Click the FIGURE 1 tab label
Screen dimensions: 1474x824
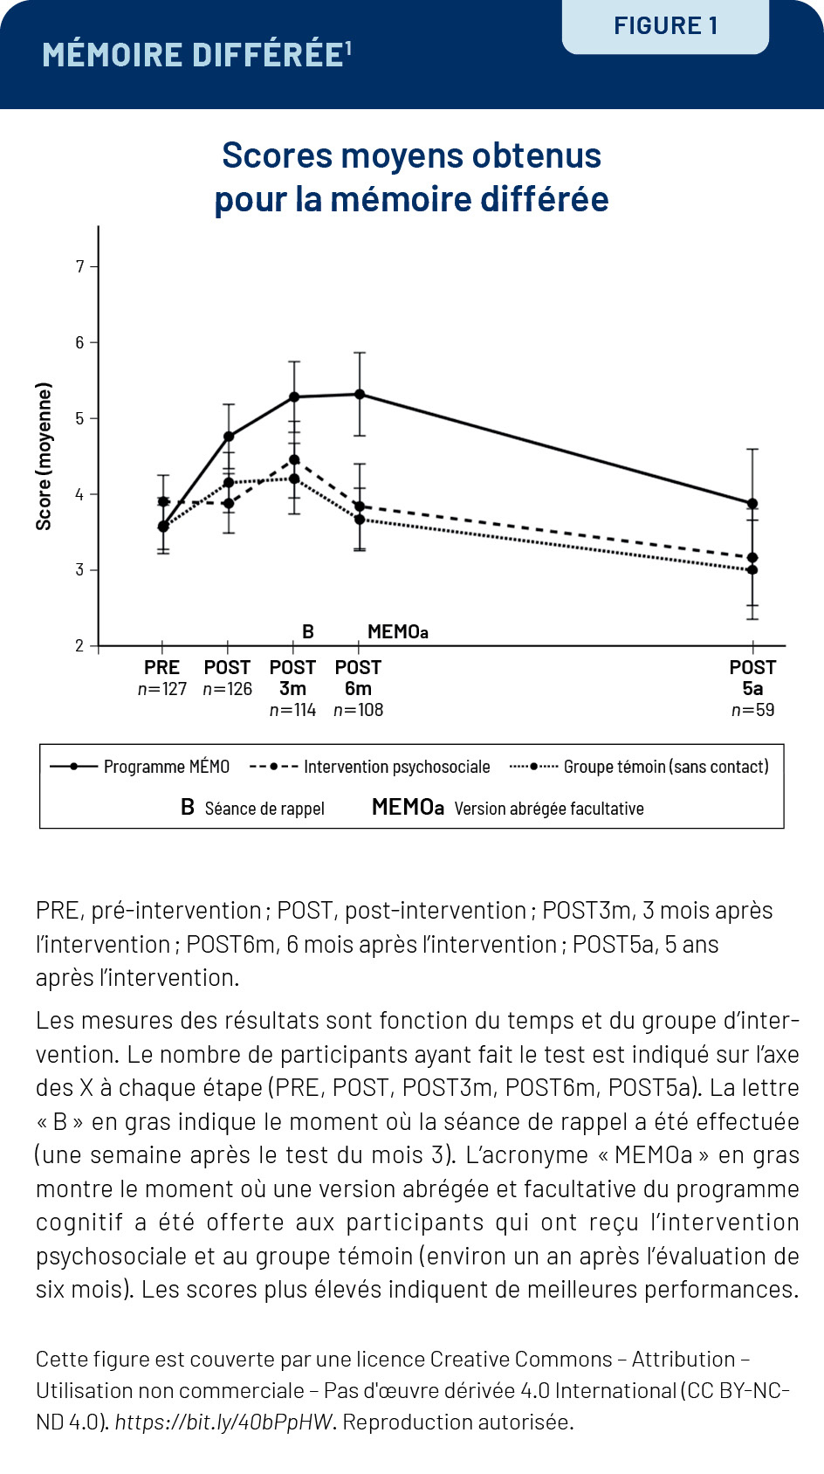(665, 26)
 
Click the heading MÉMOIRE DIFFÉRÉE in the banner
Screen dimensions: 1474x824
(193, 55)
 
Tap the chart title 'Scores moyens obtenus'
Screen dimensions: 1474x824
(411, 156)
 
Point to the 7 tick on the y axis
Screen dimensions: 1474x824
(80, 266)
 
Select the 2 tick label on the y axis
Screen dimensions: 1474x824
(80, 646)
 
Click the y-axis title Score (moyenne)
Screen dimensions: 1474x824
(44, 456)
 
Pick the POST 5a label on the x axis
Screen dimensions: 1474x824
(752, 678)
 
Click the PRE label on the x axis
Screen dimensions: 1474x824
(161, 668)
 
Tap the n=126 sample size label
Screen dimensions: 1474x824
(227, 689)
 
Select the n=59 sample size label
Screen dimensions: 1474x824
(752, 710)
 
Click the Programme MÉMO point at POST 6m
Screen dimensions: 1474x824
(359, 395)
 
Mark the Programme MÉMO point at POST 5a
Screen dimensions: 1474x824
(752, 504)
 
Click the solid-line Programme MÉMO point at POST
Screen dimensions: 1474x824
(229, 437)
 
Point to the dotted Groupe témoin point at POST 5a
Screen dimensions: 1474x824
(752, 570)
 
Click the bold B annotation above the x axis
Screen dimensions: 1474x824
(308, 632)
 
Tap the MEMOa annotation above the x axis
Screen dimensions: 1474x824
(397, 632)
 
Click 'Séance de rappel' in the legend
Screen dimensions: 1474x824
(264, 809)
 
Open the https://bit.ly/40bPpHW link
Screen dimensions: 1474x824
(223, 1422)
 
